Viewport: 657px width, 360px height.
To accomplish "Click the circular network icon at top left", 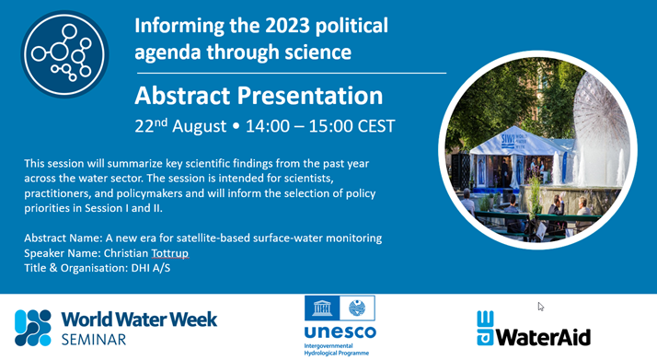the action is pos(65,54).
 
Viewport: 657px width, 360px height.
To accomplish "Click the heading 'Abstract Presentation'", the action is pos(259,96).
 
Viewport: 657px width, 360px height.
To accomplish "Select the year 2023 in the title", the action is pos(287,26).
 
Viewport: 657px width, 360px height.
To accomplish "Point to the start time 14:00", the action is pos(268,126).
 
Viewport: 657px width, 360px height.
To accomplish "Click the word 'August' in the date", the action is pos(200,127).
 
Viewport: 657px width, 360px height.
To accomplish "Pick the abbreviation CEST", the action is pos(372,126).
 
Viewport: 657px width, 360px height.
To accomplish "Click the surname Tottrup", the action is pos(169,253).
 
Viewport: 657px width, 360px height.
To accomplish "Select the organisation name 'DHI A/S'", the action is pos(151,268).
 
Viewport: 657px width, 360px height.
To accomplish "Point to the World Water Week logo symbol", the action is pos(33,328).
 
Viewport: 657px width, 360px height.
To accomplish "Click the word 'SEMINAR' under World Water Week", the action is pos(94,340).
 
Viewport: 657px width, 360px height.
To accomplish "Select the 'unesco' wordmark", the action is pos(340,331).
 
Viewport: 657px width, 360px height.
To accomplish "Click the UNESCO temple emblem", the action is pos(322,308).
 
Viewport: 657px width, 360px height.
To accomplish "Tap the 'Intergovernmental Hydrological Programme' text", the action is pos(337,350).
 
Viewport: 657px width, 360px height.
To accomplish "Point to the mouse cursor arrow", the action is pos(540,307).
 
